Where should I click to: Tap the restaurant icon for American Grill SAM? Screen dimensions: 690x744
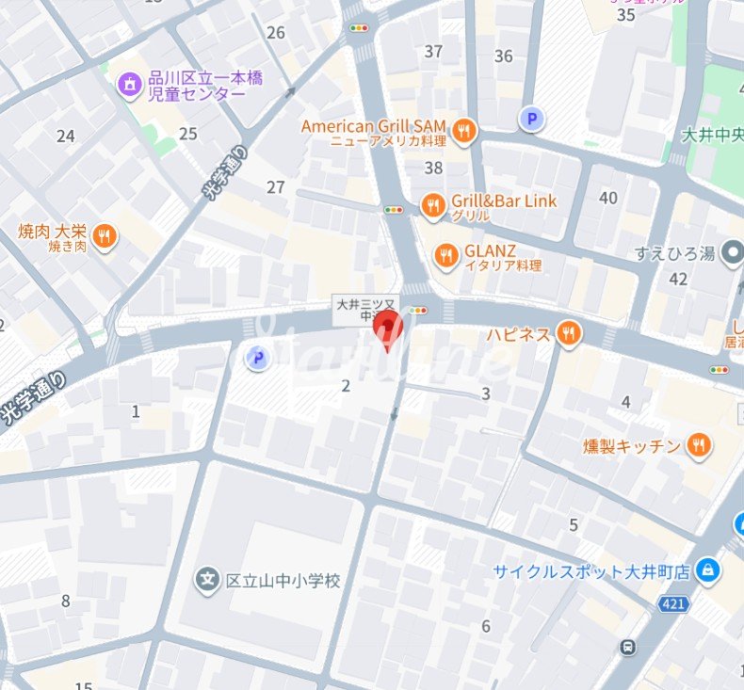[462, 133]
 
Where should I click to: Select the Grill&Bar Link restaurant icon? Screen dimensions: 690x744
[432, 206]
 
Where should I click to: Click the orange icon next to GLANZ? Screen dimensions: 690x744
[446, 255]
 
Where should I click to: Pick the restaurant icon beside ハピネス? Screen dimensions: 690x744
[567, 333]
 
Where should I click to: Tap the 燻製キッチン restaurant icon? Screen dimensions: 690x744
[698, 445]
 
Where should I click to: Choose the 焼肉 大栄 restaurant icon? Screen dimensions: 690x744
[105, 237]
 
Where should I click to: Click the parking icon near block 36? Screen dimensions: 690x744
[532, 119]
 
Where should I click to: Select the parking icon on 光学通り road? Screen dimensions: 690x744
[255, 358]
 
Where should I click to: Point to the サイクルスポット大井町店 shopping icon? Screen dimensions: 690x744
[707, 570]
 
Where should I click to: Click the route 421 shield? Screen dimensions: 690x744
[672, 604]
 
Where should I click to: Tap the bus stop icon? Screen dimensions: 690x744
[627, 647]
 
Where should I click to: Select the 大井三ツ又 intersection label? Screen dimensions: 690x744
[368, 310]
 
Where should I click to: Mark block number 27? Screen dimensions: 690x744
[275, 187]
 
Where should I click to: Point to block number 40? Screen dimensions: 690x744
[608, 198]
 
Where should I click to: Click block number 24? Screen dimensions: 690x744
[65, 136]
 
